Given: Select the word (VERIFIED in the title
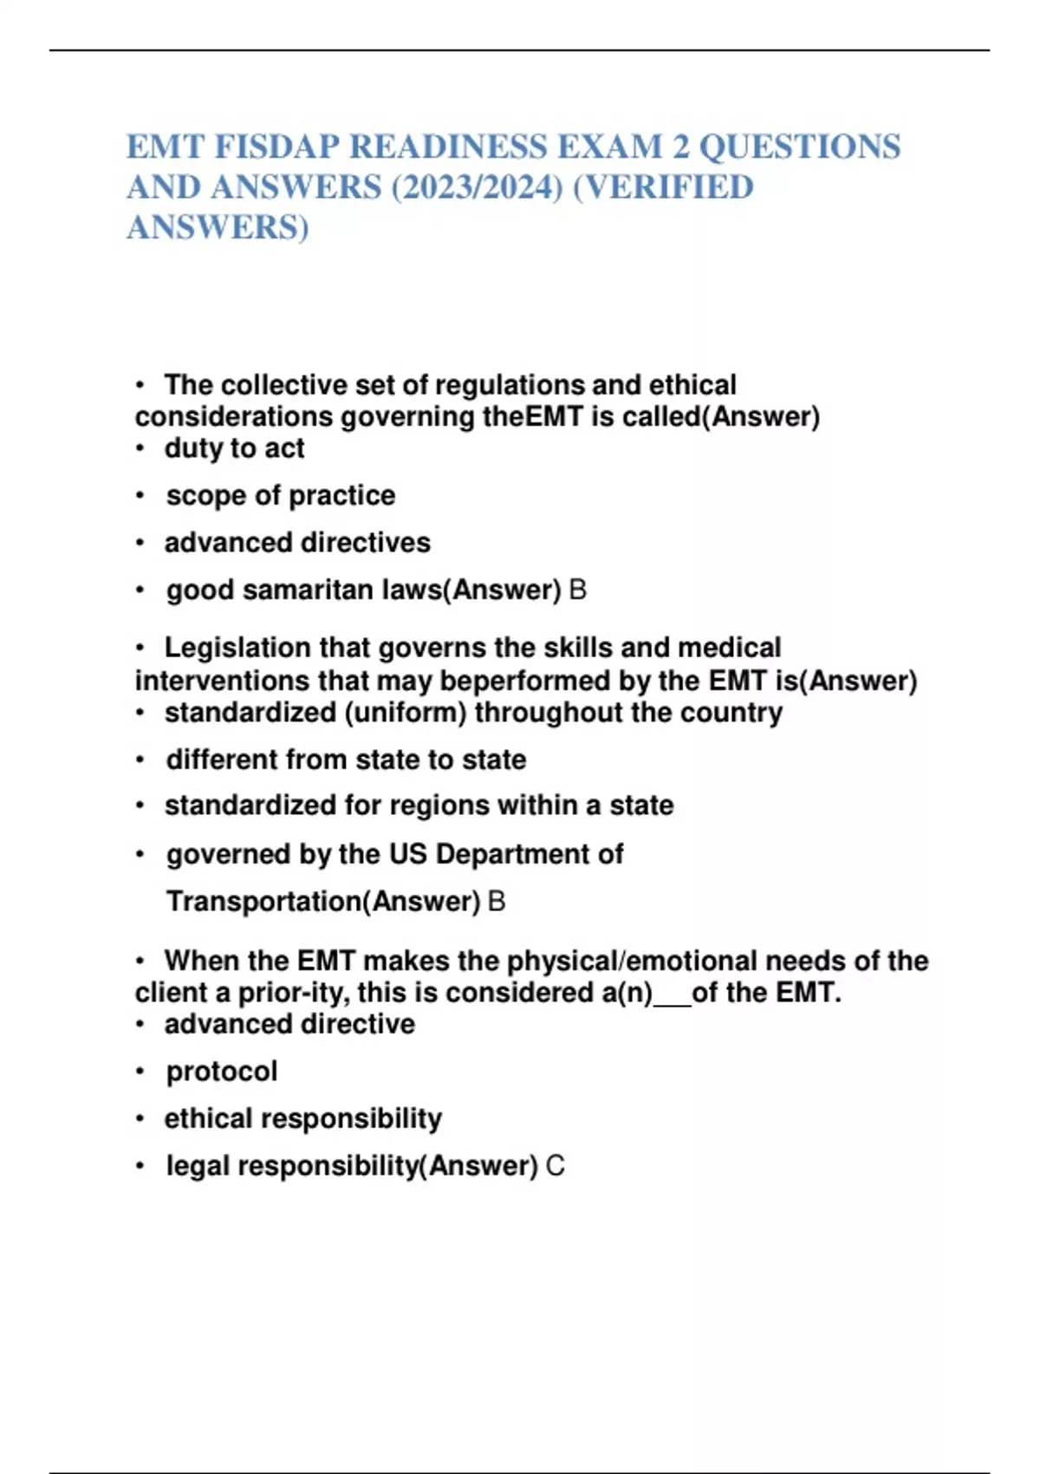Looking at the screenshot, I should click(x=663, y=187).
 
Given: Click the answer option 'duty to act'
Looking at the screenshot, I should click(x=234, y=448).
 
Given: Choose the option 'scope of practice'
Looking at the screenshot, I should click(x=280, y=495).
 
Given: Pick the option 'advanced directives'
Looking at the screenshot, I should click(x=297, y=543).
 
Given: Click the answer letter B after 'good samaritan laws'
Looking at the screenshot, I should click(x=577, y=590).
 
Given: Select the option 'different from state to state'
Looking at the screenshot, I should click(x=346, y=760).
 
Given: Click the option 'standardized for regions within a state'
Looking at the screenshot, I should click(x=419, y=805).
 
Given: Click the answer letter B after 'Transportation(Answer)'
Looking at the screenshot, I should click(x=497, y=902).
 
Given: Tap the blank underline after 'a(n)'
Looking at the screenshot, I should click(x=673, y=994).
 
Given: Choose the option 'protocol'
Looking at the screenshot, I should click(x=222, y=1072).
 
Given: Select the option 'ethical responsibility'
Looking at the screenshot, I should click(x=302, y=1119).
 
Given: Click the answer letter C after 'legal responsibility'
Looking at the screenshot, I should click(x=556, y=1166).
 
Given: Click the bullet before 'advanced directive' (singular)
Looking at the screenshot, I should click(x=140, y=1025).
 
